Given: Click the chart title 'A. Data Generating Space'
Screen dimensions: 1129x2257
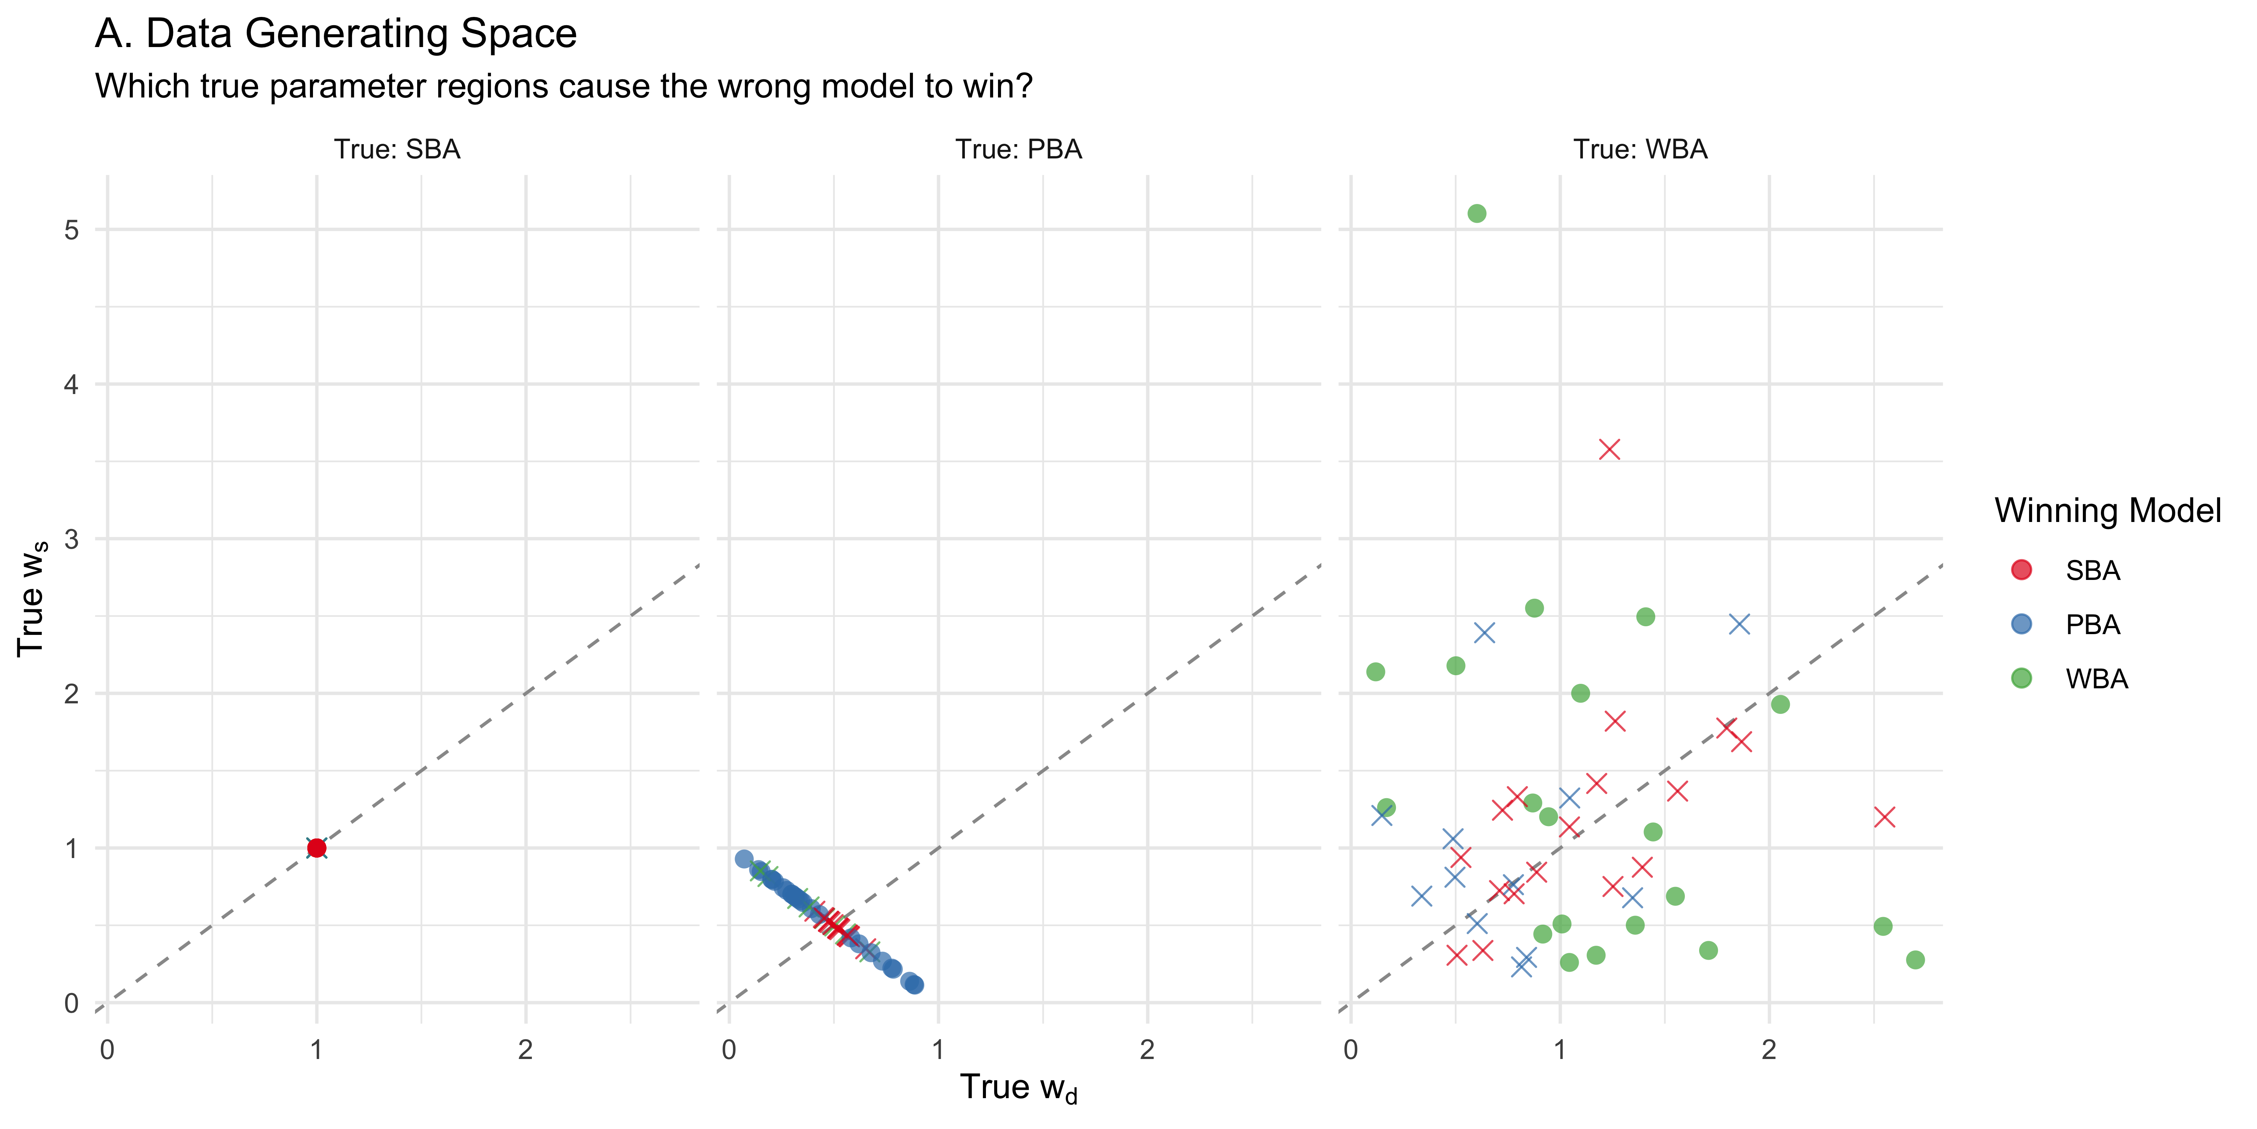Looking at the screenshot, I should (336, 34).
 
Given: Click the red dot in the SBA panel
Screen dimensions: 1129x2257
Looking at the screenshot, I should (316, 848).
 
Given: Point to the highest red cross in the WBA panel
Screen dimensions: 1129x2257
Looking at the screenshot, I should (1610, 450).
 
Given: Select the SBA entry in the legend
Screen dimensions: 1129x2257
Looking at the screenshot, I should (2092, 571).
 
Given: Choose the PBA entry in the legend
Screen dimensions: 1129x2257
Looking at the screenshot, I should (2092, 625).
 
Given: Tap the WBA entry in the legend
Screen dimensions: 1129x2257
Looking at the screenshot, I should (2096, 679).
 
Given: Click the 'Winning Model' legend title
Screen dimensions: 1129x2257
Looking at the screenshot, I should (2107, 511).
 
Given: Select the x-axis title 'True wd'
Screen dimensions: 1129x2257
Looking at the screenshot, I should (1018, 1088).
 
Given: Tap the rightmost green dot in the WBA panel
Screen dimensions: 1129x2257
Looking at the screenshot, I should (1915, 960).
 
